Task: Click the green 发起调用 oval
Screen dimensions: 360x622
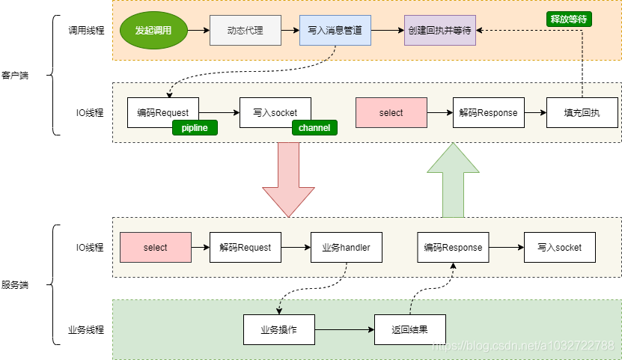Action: click(153, 31)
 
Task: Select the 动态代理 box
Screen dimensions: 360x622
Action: click(245, 31)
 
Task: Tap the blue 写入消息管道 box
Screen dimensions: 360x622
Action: click(335, 31)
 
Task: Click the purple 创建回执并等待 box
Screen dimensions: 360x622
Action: click(439, 31)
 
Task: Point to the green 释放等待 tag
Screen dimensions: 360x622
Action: click(569, 19)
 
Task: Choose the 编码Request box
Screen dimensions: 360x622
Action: click(162, 113)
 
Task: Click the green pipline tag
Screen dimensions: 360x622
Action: click(195, 128)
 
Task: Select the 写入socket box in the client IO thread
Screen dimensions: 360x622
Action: click(275, 113)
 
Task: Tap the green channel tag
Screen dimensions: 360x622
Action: click(314, 128)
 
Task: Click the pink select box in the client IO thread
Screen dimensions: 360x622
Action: click(391, 113)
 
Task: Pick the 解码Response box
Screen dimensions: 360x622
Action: click(488, 113)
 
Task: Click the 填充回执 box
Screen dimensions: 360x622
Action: click(582, 113)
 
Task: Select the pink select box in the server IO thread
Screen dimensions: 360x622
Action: click(156, 247)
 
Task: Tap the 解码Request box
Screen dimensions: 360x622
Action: click(245, 247)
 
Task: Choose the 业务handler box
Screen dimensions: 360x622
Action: click(346, 247)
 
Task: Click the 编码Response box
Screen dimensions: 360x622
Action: click(453, 247)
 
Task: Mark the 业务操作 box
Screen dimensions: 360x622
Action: click(278, 329)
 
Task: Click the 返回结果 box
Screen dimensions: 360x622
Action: click(409, 329)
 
